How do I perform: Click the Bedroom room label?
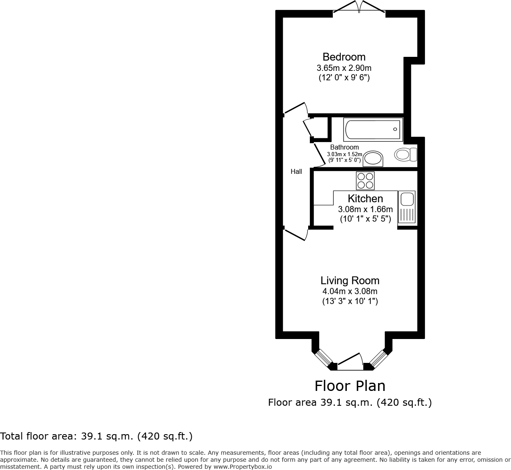click(x=344, y=57)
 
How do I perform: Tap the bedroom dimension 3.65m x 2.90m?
click(x=344, y=68)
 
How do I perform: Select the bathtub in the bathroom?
click(x=373, y=129)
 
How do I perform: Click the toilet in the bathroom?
click(x=406, y=154)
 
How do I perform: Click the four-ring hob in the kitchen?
click(x=365, y=180)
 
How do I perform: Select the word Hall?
click(x=296, y=172)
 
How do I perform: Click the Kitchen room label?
click(x=365, y=199)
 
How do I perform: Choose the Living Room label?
click(x=350, y=281)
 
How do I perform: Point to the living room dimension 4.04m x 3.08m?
click(x=350, y=291)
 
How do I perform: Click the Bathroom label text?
click(x=344, y=147)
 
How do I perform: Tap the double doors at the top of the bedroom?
click(x=359, y=7)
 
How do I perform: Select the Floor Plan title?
click(x=350, y=386)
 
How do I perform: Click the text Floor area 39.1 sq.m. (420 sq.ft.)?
click(x=350, y=402)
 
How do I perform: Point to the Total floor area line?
click(x=96, y=436)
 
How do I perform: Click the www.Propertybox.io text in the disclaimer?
click(x=242, y=467)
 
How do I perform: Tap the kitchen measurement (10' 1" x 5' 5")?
click(x=365, y=219)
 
